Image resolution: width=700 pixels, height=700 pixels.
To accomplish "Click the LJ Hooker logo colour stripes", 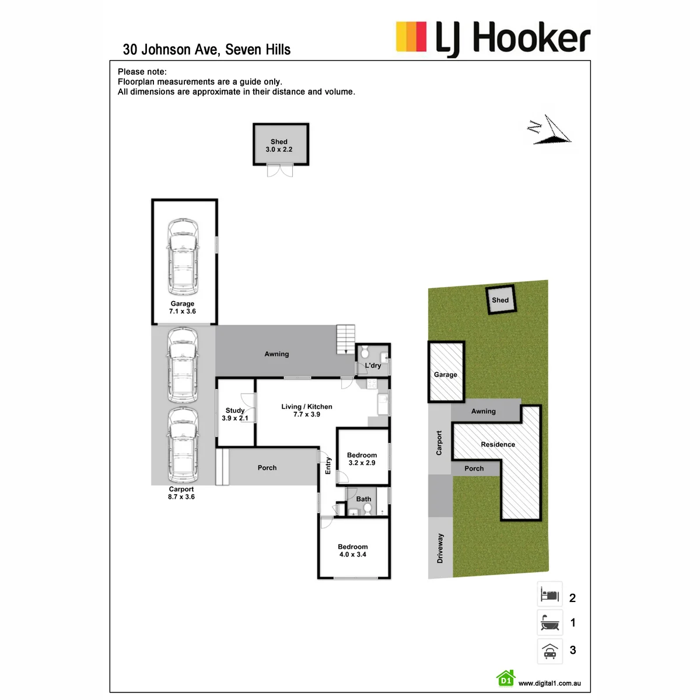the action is pos(411,36).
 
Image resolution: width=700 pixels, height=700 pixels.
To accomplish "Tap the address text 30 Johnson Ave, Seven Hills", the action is pos(206,50).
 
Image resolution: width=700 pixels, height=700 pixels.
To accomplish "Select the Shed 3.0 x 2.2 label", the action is pos(279,145).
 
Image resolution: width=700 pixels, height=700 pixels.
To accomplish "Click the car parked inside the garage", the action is pos(183,257).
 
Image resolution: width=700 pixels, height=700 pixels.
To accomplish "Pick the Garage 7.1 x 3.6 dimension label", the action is pos(183,307).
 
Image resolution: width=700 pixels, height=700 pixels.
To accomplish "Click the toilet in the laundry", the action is pos(365,351).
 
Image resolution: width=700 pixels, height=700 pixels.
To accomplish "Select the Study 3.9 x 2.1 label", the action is pos(235,414).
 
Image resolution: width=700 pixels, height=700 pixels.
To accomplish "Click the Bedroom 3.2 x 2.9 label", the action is pos(362,459).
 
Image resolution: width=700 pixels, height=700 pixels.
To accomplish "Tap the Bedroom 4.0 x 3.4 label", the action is pos(353,550).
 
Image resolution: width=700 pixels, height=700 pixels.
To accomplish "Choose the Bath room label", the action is pos(363,499).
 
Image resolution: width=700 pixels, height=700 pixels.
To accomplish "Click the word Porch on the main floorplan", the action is pos(267,468).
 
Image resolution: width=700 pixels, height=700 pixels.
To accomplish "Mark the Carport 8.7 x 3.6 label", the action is pos(181,493).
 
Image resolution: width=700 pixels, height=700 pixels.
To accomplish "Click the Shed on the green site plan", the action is pos(501,300).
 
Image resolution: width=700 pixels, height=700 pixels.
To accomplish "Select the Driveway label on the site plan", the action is pos(440,548).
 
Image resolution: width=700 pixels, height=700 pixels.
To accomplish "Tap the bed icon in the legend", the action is pos(549,595).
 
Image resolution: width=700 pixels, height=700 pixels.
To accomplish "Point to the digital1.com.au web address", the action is pos(549,683).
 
